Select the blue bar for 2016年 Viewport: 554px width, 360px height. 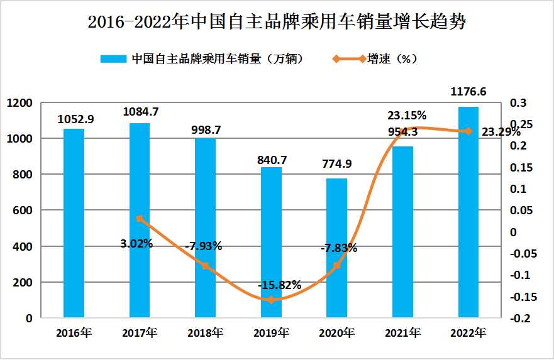[74, 223]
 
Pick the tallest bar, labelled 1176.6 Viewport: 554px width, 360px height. [468, 212]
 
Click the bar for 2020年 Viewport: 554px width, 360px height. [336, 248]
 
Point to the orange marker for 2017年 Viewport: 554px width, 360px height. [140, 219]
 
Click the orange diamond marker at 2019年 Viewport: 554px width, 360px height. [271, 300]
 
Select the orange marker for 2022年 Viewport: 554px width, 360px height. [468, 131]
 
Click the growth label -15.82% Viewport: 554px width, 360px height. [279, 285]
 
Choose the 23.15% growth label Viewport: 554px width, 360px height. [407, 115]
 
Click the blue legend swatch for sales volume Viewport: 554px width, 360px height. [114, 59]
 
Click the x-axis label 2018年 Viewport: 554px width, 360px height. [205, 332]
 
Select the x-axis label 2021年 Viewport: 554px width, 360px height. [402, 332]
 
